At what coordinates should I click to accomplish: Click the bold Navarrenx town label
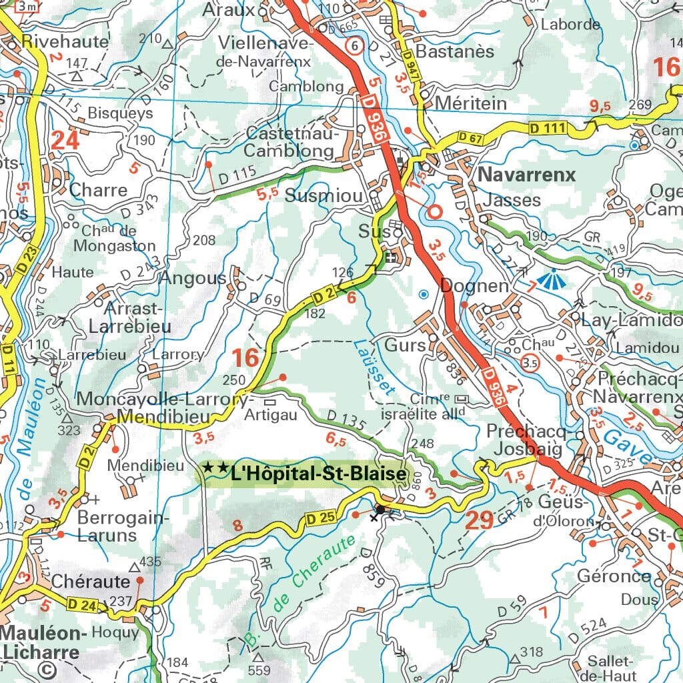[x=526, y=175]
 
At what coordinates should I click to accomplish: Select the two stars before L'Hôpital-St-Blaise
[x=215, y=469]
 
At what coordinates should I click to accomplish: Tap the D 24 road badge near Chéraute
[x=81, y=605]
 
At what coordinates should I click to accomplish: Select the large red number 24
[x=65, y=140]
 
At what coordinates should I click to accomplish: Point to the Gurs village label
[x=405, y=346]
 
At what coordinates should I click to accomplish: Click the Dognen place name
[x=474, y=285]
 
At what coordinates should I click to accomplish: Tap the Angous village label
[x=192, y=278]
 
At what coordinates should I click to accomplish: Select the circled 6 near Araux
[x=356, y=46]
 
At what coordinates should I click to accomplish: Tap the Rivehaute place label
[x=65, y=41]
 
